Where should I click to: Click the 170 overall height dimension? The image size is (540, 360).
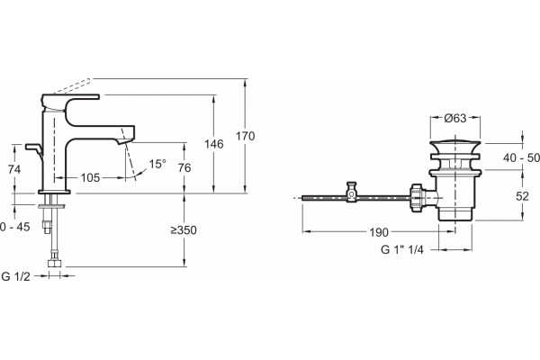[245, 136]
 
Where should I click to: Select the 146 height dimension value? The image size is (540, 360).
[214, 144]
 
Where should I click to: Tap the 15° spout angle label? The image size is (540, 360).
[157, 164]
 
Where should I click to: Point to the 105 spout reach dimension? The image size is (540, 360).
[90, 178]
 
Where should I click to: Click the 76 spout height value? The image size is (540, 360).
[184, 167]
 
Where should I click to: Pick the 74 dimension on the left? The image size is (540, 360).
[14, 169]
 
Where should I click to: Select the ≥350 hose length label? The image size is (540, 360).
[184, 230]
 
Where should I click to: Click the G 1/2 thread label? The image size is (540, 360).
[16, 276]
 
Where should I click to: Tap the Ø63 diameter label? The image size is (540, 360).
[454, 118]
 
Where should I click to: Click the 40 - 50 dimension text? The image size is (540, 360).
[521, 157]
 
